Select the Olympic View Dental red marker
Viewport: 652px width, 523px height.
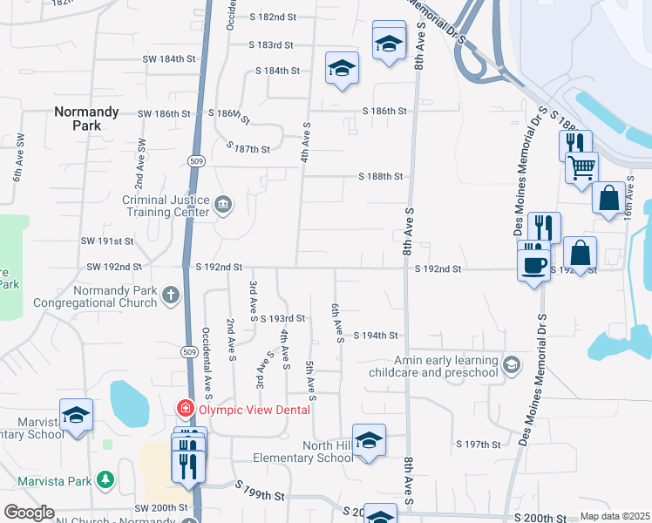pyautogui.click(x=185, y=408)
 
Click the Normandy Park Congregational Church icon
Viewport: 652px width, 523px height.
pyautogui.click(x=171, y=297)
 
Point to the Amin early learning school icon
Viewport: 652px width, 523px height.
pyautogui.click(x=513, y=365)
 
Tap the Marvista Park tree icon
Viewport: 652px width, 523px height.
pyautogui.click(x=105, y=479)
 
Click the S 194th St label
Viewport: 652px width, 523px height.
pyautogui.click(x=376, y=335)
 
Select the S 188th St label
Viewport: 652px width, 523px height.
pyautogui.click(x=381, y=176)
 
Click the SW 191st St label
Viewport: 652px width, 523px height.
pyautogui.click(x=107, y=241)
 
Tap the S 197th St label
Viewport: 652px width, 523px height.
pyautogui.click(x=479, y=445)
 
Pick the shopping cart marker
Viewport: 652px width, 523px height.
pyautogui.click(x=581, y=166)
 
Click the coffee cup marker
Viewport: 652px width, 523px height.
pyautogui.click(x=533, y=265)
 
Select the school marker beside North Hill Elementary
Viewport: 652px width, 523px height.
pyautogui.click(x=369, y=439)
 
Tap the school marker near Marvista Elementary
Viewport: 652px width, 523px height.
pyautogui.click(x=76, y=415)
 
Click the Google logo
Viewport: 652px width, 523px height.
pyautogui.click(x=28, y=513)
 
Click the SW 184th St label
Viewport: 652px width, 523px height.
pyautogui.click(x=162, y=58)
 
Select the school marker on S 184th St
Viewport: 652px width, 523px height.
pyautogui.click(x=343, y=68)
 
